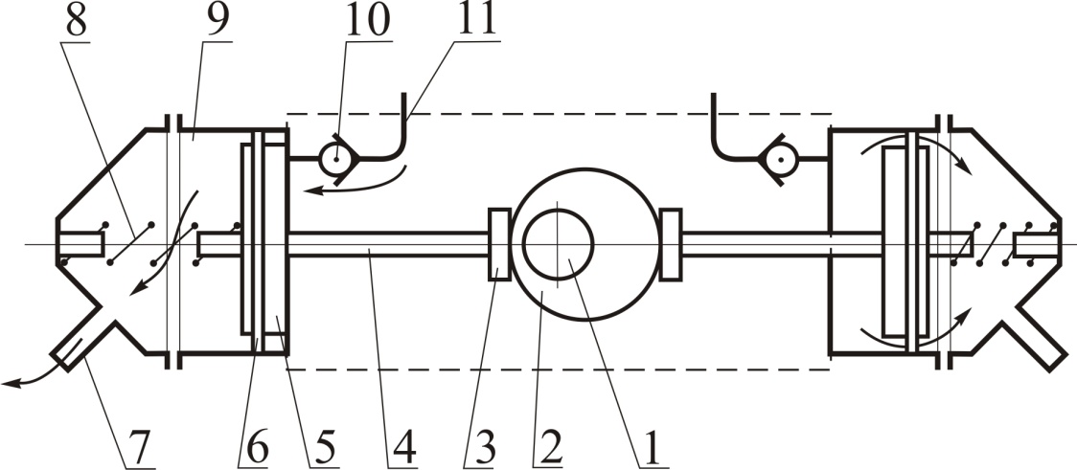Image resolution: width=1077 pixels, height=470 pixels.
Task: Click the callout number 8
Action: tap(76, 23)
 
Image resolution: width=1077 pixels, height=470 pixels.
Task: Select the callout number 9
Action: tap(218, 23)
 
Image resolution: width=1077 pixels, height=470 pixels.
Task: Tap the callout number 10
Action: tap(368, 23)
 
